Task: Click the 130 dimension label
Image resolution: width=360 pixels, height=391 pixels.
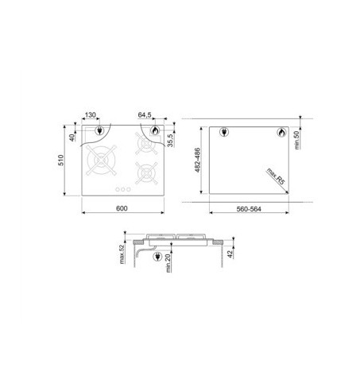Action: click(x=90, y=115)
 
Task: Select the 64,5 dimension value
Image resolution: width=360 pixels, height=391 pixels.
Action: click(x=145, y=115)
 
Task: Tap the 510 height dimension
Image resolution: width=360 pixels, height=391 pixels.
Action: click(x=61, y=161)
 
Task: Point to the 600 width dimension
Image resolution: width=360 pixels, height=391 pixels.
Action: click(x=122, y=208)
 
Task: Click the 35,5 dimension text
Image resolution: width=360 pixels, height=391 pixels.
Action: click(x=170, y=140)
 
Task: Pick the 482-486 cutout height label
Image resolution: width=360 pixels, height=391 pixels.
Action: click(x=198, y=161)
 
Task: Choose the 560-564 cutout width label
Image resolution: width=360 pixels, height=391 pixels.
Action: click(x=249, y=209)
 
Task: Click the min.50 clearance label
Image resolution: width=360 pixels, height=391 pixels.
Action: click(x=296, y=140)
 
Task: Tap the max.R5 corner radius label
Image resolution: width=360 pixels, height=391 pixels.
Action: click(x=276, y=176)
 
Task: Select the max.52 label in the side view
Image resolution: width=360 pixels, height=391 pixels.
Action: click(x=122, y=254)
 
